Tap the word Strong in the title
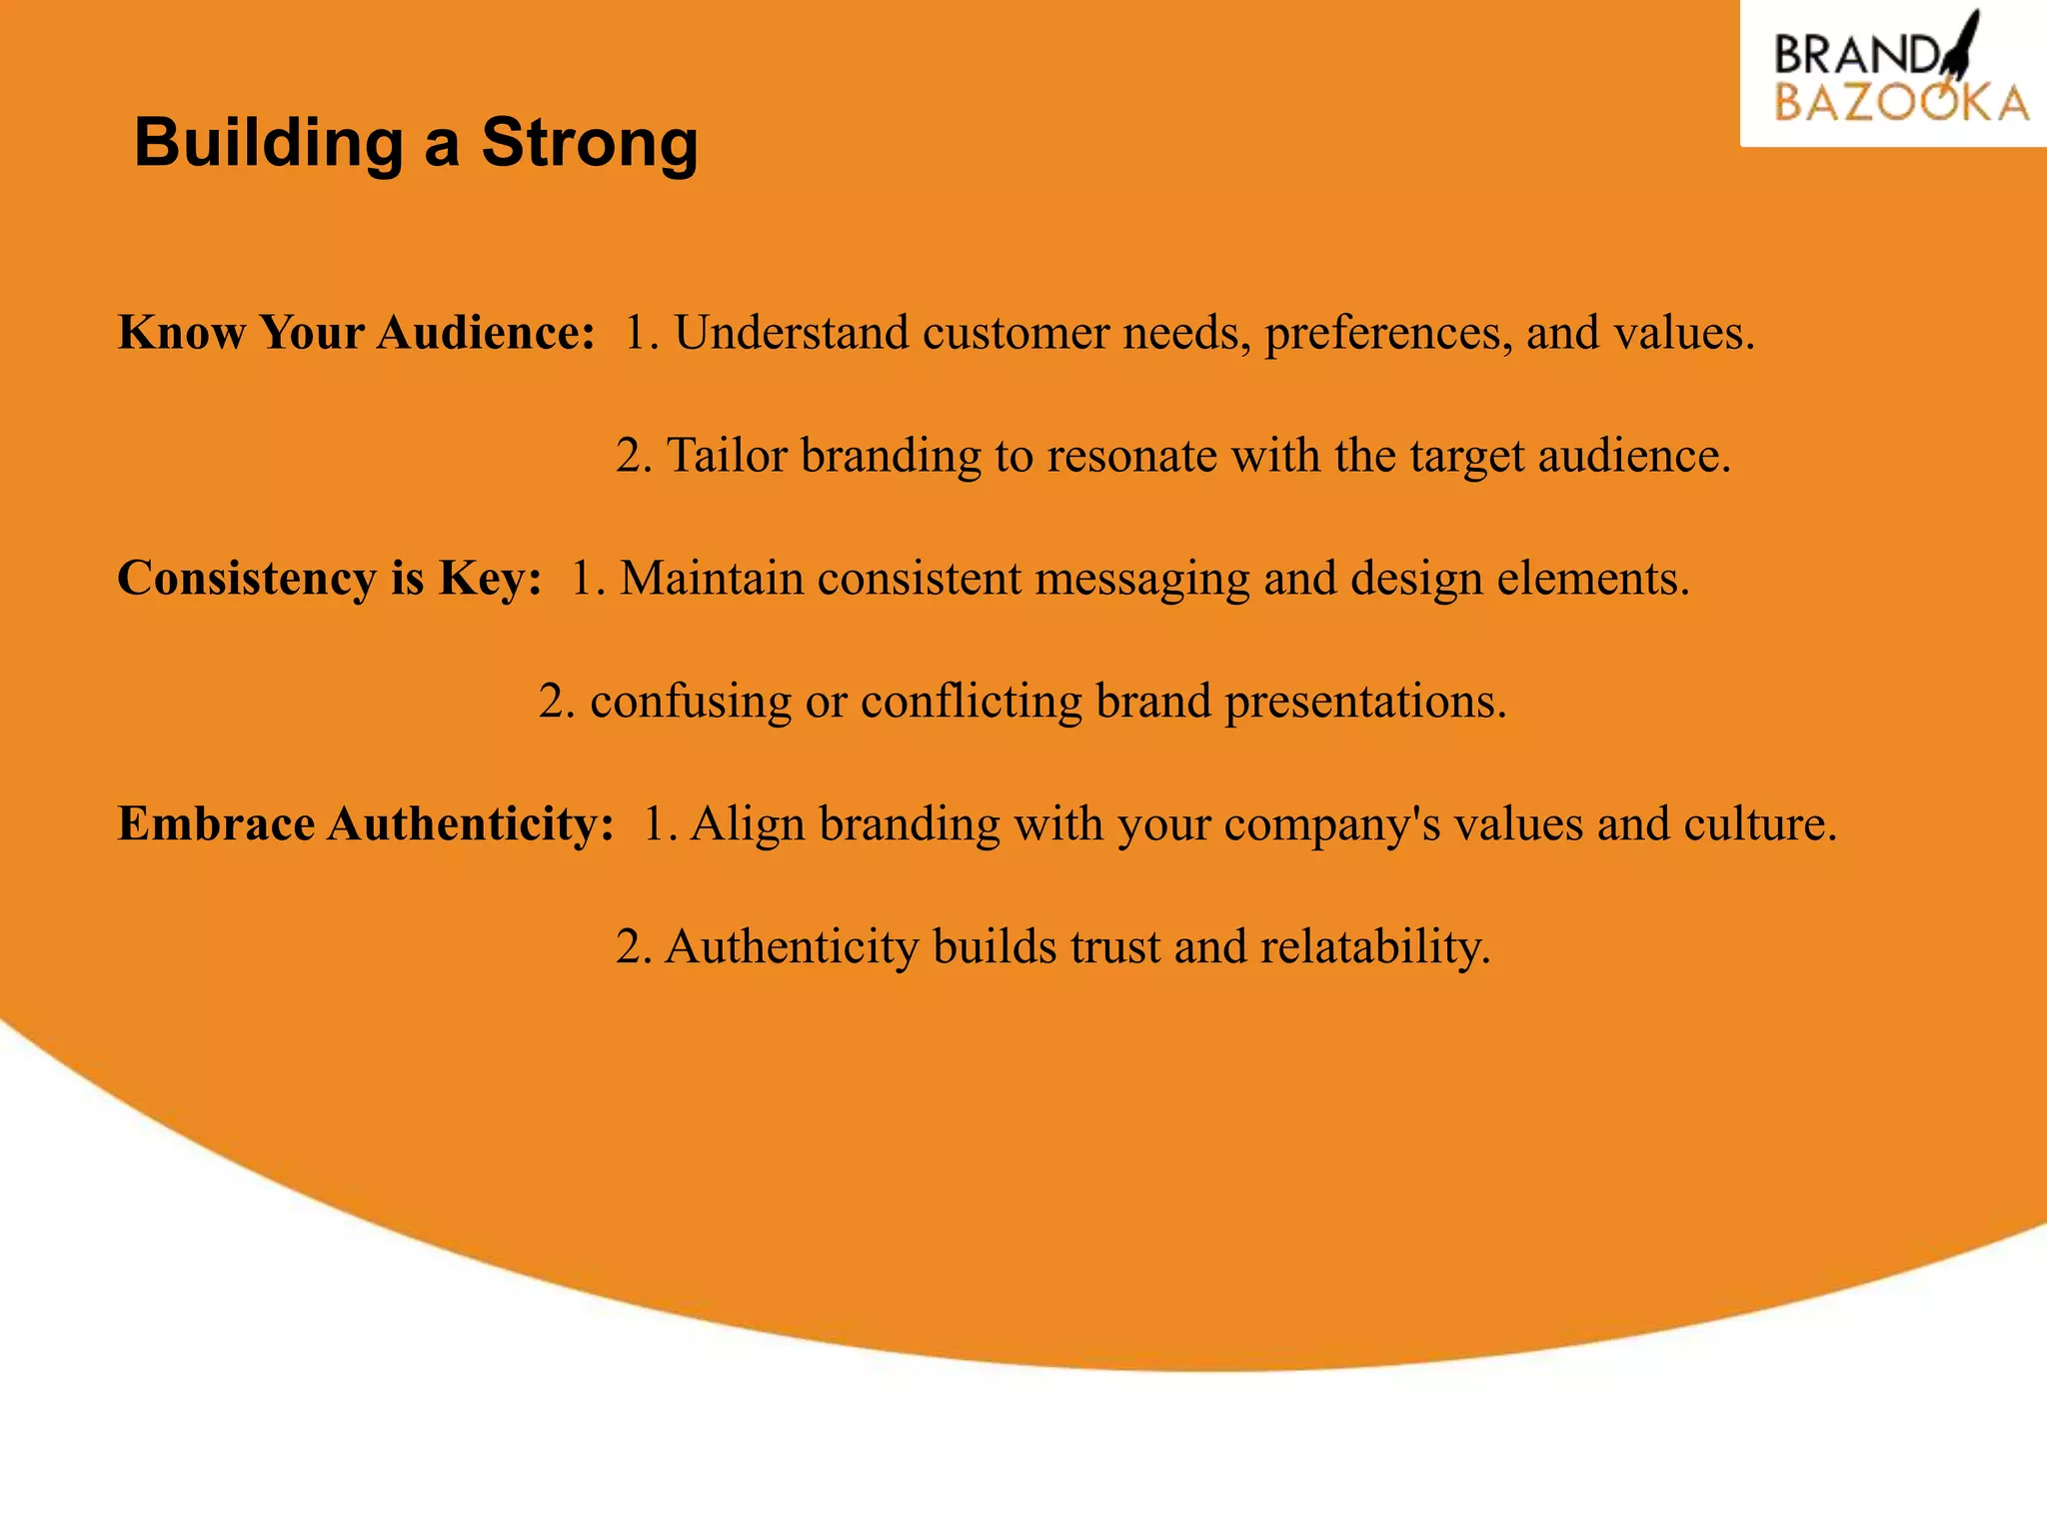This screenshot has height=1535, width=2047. tap(590, 143)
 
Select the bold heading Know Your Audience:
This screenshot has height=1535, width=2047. tap(357, 333)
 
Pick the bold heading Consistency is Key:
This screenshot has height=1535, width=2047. tap(330, 579)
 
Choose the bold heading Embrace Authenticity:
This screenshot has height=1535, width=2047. tap(366, 824)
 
